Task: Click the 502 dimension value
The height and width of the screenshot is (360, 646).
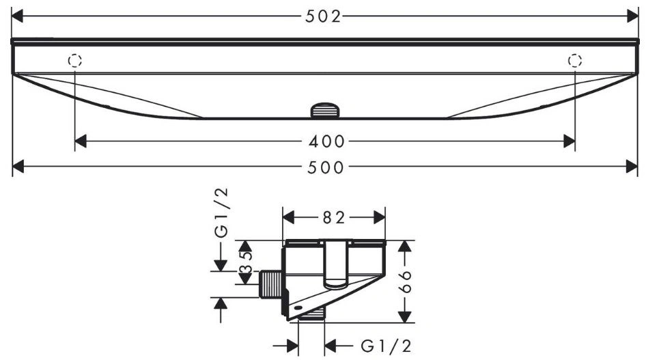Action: click(324, 16)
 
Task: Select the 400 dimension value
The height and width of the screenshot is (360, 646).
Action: click(326, 141)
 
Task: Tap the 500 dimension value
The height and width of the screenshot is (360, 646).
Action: click(326, 167)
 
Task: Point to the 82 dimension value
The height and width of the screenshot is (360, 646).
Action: click(334, 217)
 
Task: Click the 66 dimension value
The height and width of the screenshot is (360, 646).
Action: click(406, 281)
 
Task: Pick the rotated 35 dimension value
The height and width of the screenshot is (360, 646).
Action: click(246, 262)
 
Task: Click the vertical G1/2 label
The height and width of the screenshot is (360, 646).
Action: click(221, 212)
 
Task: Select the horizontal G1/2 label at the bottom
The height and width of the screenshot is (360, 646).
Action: click(386, 346)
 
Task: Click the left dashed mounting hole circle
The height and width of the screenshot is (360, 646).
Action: click(75, 61)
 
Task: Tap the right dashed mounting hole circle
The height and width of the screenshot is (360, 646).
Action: click(575, 61)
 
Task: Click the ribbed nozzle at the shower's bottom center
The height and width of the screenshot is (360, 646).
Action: click(326, 111)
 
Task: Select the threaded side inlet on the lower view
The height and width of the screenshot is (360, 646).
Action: click(270, 283)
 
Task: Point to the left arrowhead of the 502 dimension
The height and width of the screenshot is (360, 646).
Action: click(17, 16)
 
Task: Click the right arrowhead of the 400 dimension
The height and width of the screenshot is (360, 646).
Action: click(570, 141)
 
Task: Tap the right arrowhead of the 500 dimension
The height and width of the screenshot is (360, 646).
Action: click(632, 167)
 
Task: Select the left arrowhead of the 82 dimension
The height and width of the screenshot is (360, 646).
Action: click(288, 217)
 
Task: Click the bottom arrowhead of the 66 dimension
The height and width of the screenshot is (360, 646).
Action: click(406, 317)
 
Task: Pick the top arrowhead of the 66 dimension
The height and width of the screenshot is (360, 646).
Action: click(406, 246)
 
